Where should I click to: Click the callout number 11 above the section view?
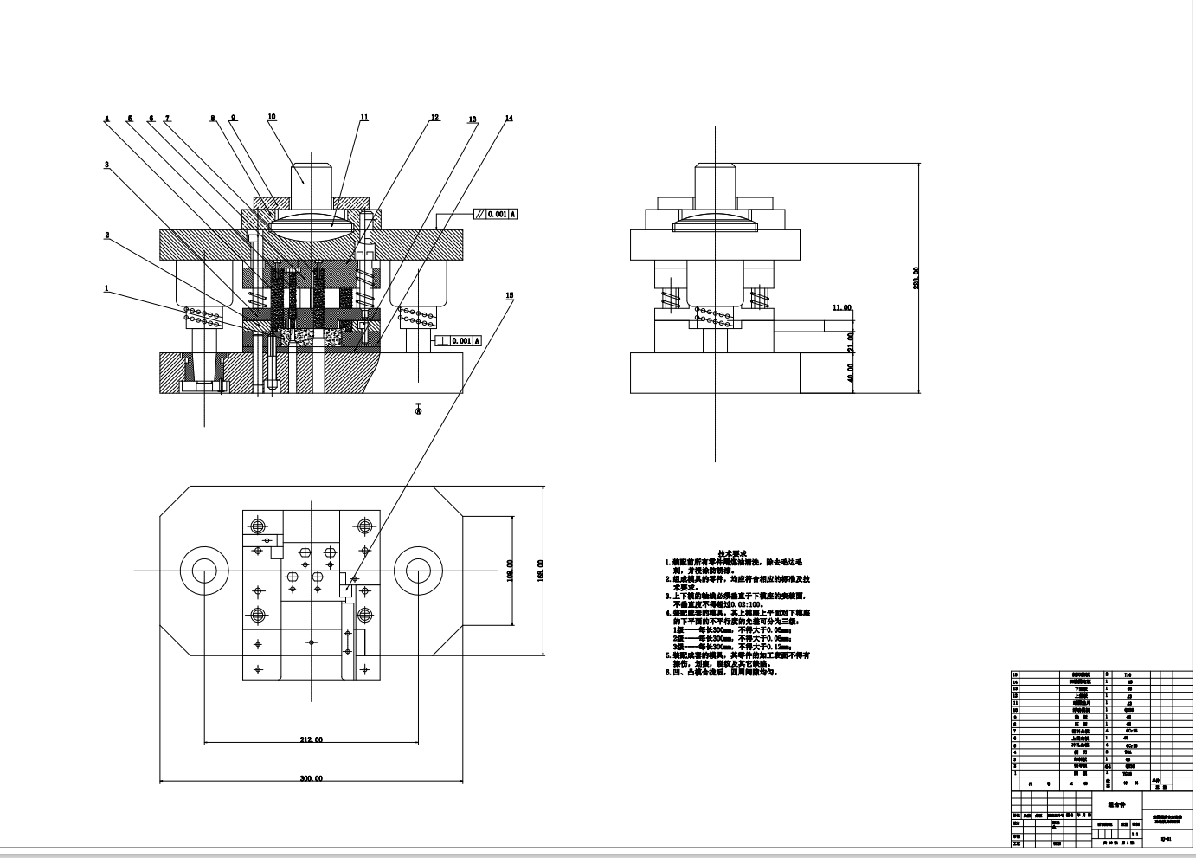(x=364, y=117)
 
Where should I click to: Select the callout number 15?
(x=510, y=295)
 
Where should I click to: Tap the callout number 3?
(x=106, y=165)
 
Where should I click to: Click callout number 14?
(x=509, y=118)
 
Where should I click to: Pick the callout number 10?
(x=272, y=116)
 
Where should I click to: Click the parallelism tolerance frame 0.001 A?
(x=495, y=214)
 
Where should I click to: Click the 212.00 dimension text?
(x=312, y=739)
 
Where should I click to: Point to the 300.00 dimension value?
(x=312, y=778)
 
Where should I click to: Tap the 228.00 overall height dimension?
(x=916, y=277)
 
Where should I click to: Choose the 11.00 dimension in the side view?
(x=841, y=307)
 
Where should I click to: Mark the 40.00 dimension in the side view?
(x=851, y=372)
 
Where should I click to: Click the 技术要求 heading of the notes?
(x=731, y=552)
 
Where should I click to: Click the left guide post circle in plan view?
(x=203, y=571)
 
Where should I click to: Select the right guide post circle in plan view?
(x=418, y=571)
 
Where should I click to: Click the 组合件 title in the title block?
(x=1116, y=803)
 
